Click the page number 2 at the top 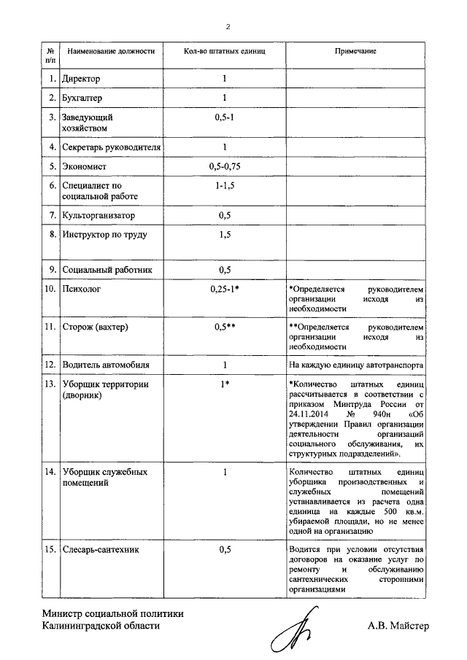point(228,27)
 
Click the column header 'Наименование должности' point(112,52)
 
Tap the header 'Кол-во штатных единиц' point(224,52)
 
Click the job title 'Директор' point(81,78)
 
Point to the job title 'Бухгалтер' point(82,98)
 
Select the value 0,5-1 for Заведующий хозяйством point(224,117)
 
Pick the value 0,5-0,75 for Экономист point(224,167)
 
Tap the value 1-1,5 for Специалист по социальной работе point(224,186)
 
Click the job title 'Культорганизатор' point(99,216)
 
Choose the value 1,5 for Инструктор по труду point(225,235)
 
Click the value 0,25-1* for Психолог point(224,290)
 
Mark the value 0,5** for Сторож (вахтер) point(224,327)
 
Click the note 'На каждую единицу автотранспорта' point(355,365)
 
